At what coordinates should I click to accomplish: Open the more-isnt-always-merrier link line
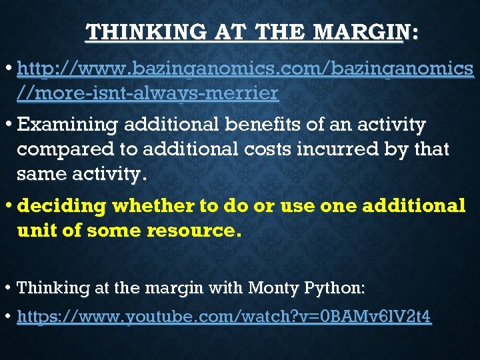[x=147, y=94]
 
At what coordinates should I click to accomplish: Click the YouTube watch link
[x=224, y=317]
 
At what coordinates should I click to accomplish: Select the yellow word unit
[x=33, y=231]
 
